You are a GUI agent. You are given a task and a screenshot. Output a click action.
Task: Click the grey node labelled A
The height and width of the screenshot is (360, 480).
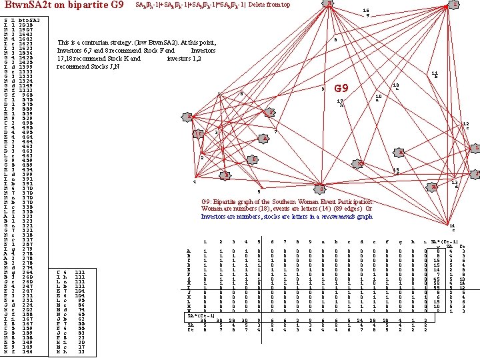pyautogui.click(x=264, y=138)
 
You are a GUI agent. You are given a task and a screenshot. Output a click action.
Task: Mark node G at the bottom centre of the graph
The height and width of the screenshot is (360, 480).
pyautogui.click(x=322, y=185)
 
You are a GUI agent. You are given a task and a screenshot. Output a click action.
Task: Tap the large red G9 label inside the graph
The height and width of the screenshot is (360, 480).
pyautogui.click(x=341, y=89)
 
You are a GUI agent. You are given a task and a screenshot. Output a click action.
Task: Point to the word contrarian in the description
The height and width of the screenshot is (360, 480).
pyautogui.click(x=101, y=41)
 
